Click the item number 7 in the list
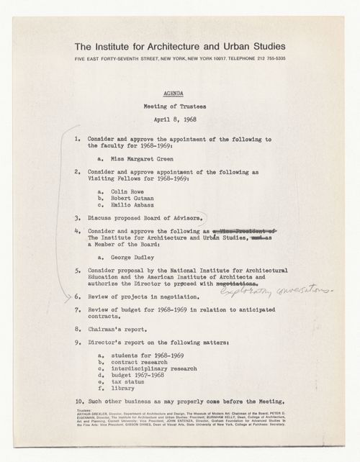tap(77, 310)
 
